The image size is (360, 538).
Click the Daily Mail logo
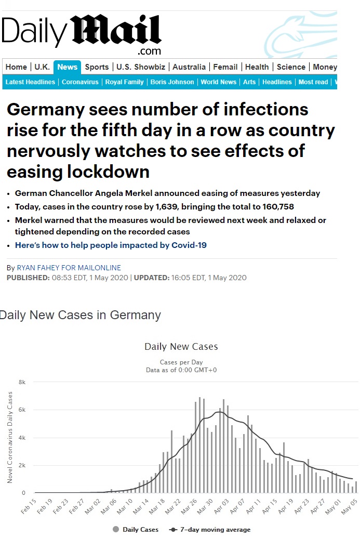click(81, 34)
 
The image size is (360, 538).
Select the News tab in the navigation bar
click(68, 67)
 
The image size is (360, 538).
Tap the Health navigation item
click(257, 67)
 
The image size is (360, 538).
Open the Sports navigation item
click(97, 67)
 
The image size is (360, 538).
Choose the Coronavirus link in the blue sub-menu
click(81, 82)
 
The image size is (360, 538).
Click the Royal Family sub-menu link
click(124, 82)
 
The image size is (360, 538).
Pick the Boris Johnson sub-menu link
click(172, 82)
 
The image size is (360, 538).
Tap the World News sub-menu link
click(218, 82)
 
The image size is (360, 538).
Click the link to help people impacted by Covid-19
click(111, 245)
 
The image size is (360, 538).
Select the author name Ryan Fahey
click(69, 268)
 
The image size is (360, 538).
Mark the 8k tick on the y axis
click(22, 382)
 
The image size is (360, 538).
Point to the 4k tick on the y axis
click(22, 438)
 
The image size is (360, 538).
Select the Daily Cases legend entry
click(137, 530)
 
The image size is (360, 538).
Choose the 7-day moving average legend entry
click(210, 530)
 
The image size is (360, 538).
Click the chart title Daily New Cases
click(181, 347)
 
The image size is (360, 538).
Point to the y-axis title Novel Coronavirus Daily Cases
click(10, 438)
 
